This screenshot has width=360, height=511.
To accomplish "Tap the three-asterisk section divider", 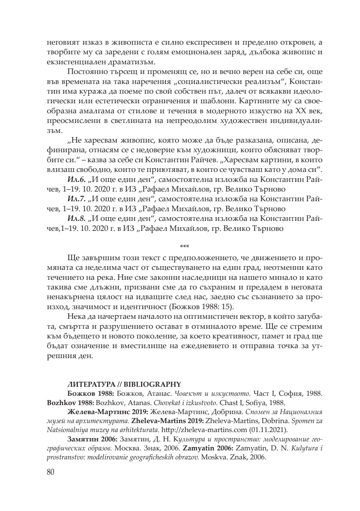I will point(184,247).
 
